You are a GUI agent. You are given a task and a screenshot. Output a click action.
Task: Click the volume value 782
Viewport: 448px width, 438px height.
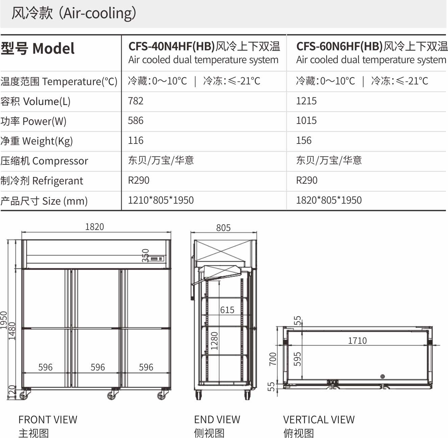(135, 101)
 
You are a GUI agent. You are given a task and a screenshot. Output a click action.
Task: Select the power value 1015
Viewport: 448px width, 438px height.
(306, 121)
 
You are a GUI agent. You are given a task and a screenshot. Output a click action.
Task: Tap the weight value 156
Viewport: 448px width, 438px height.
(304, 140)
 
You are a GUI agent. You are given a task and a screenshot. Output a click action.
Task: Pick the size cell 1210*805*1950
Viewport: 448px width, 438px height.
(161, 200)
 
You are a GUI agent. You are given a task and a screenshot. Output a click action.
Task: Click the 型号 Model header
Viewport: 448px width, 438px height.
(38, 48)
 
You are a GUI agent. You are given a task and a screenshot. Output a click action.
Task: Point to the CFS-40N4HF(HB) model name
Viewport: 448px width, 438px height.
(172, 46)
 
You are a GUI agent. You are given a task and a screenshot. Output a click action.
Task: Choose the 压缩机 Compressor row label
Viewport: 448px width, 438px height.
(44, 161)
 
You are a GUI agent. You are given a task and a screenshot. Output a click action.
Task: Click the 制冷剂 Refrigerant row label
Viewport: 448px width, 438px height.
(42, 181)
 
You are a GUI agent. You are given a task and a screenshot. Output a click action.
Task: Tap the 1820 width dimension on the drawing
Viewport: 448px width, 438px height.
(95, 227)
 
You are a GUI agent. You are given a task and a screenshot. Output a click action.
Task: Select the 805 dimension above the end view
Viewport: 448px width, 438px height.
(223, 228)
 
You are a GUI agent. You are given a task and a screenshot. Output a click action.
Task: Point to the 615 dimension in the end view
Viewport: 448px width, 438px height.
(227, 310)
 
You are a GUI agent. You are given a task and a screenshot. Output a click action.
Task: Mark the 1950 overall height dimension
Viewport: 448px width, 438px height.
(4, 320)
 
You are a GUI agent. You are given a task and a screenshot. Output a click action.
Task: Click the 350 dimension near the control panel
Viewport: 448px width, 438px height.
(146, 256)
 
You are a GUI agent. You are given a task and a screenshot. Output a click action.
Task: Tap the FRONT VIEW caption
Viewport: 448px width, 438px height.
(48, 419)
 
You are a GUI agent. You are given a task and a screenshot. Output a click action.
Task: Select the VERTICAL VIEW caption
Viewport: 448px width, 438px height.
(319, 419)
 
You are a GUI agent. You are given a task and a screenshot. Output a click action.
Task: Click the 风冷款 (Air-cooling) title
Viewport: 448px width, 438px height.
(74, 13)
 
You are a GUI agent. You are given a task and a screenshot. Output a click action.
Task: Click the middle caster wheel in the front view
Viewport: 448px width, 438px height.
(113, 395)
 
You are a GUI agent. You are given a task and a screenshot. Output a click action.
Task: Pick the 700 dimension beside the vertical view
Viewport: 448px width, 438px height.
(273, 359)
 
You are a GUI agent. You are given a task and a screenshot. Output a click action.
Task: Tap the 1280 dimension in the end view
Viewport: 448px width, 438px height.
(214, 341)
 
